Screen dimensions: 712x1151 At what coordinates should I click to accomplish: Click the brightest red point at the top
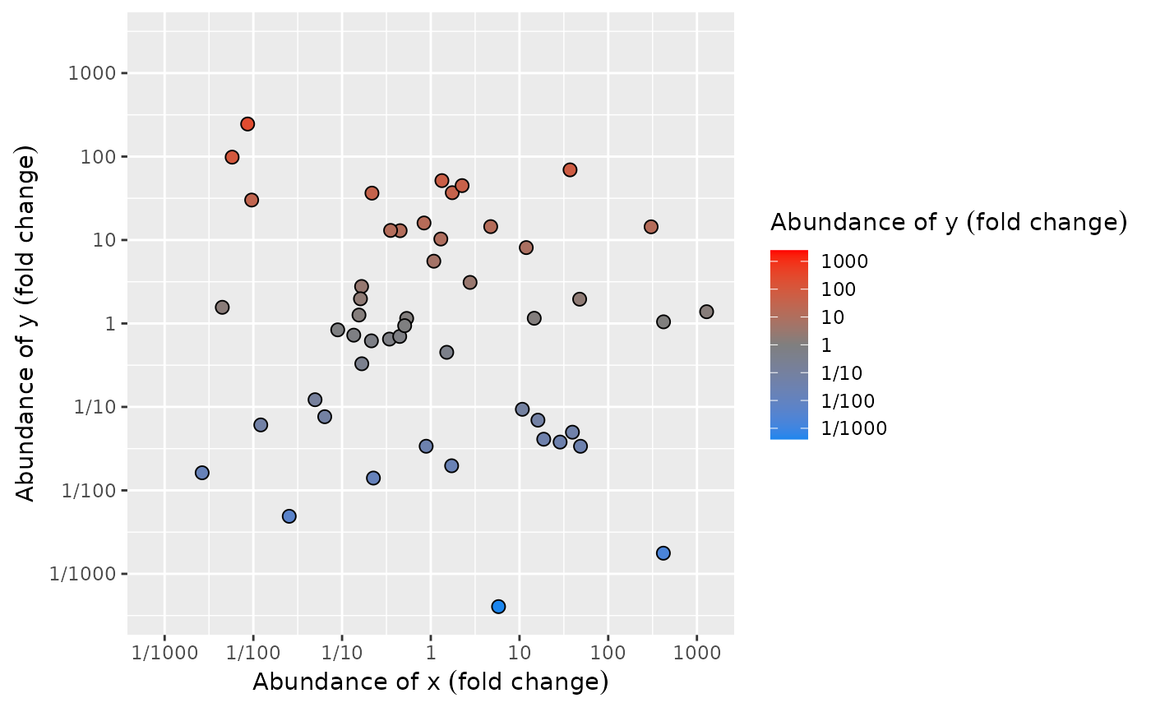tap(247, 124)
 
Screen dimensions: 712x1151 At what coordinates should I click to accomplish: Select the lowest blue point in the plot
tap(498, 607)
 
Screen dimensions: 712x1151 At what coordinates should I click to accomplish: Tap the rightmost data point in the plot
tap(706, 312)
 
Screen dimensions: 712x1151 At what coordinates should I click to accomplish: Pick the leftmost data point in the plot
tap(201, 473)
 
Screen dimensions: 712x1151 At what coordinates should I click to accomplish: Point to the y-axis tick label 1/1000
tap(86, 574)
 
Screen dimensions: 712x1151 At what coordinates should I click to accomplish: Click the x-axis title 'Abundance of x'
tap(430, 682)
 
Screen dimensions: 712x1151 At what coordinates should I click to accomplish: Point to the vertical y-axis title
tap(27, 324)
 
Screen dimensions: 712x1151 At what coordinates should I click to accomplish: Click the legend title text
tap(948, 222)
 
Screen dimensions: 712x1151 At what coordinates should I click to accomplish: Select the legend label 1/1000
tap(854, 428)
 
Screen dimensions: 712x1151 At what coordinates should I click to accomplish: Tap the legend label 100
tap(839, 289)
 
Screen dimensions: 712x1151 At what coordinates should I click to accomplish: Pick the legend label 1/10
tap(843, 372)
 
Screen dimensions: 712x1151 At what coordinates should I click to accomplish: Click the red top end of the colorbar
tap(789, 255)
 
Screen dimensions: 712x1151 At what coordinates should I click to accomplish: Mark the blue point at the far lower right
tap(663, 553)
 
